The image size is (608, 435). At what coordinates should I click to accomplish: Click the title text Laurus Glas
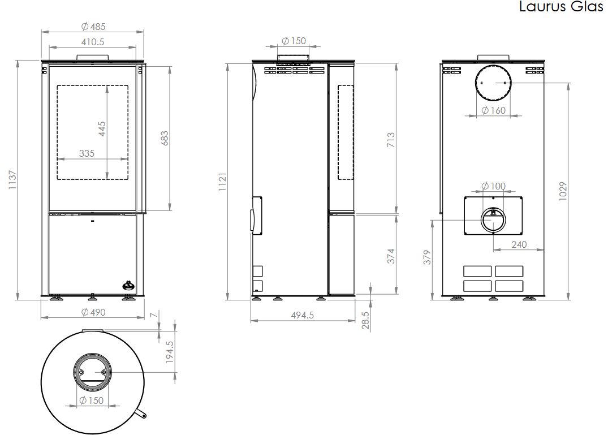click(561, 8)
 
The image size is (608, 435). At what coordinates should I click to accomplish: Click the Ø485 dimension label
click(93, 26)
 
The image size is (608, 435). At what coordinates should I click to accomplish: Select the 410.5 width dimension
click(93, 41)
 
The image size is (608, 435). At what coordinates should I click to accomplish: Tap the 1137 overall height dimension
click(13, 180)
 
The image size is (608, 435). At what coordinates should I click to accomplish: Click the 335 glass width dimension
click(87, 153)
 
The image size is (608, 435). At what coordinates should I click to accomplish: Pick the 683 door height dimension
click(165, 139)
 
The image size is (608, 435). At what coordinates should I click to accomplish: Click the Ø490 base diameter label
click(93, 312)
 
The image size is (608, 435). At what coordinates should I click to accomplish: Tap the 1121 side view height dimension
click(222, 182)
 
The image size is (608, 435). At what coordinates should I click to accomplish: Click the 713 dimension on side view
click(391, 139)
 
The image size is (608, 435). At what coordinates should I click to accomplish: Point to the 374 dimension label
click(391, 256)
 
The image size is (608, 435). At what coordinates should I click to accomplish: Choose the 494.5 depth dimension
click(302, 315)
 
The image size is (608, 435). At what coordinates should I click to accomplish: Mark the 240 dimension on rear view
click(519, 244)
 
